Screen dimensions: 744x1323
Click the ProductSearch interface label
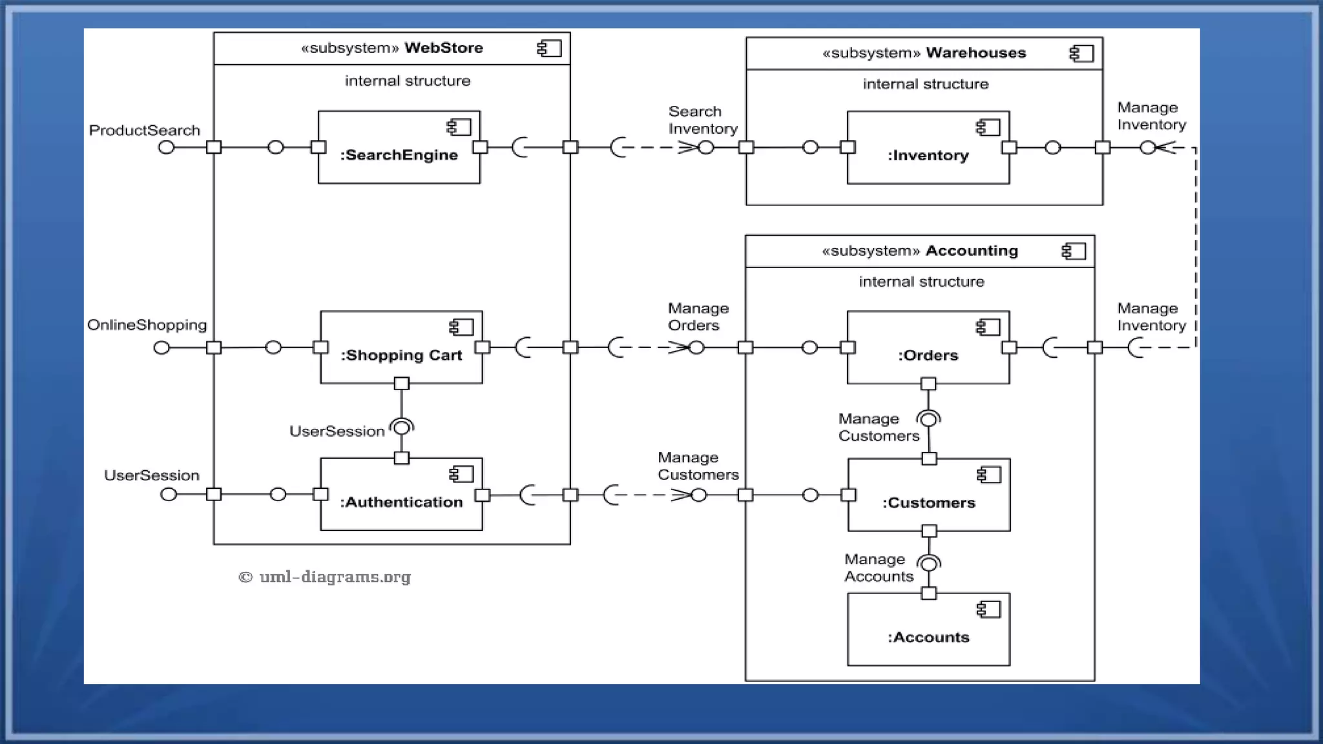(144, 130)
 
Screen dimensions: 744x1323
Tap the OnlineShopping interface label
(147, 325)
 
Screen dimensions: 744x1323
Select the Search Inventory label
(702, 120)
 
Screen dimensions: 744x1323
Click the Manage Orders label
(698, 317)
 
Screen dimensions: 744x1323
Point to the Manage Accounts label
(878, 568)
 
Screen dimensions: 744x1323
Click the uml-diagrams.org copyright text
(325, 577)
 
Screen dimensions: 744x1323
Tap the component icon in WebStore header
(549, 48)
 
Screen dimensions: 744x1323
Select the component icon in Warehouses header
(1081, 54)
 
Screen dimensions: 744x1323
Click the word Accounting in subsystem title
(971, 251)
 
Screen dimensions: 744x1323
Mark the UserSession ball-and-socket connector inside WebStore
(402, 428)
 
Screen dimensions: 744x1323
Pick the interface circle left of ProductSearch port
(167, 147)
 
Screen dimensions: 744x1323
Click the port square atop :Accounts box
(928, 593)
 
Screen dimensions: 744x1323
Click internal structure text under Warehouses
(925, 84)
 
